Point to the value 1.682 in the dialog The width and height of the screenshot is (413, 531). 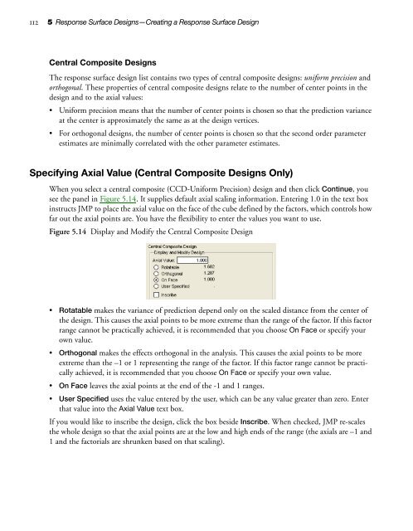[x=209, y=268]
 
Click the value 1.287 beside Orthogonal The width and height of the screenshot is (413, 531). [x=209, y=275]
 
